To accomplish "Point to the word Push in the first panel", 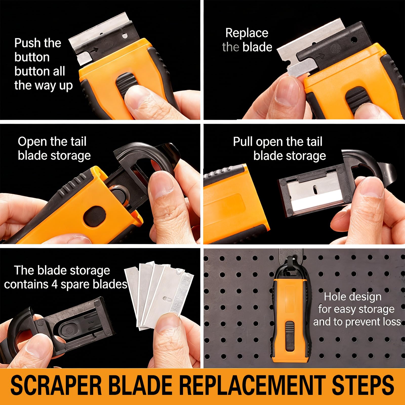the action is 27,43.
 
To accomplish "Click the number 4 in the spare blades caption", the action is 55,285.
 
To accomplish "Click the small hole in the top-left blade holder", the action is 125,36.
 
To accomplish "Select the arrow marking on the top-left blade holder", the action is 94,51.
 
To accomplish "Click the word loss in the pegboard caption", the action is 392,322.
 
